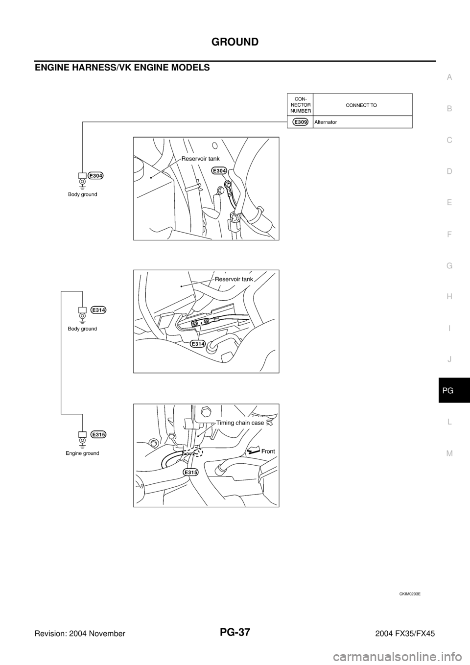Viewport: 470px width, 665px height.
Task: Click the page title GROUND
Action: (235, 42)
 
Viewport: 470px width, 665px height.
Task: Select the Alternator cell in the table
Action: (325, 122)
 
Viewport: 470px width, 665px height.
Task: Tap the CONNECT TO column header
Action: (361, 105)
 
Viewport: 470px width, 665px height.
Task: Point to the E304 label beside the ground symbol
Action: (96, 175)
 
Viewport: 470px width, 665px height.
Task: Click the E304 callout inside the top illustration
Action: (219, 170)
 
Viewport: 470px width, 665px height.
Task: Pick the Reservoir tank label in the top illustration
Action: (200, 159)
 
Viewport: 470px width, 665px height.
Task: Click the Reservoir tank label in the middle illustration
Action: (234, 279)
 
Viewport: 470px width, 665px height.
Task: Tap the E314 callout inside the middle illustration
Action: (198, 343)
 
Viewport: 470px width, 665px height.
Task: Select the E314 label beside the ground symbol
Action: (99, 309)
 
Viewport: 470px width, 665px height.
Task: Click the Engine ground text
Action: (82, 453)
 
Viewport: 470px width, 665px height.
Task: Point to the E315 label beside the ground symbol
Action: (99, 434)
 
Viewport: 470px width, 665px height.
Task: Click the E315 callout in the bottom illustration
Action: (191, 472)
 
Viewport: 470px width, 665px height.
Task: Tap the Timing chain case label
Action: (240, 423)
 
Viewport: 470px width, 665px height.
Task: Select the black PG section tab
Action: (454, 390)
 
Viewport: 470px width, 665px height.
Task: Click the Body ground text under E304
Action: (82, 194)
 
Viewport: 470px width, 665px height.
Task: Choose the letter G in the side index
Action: (449, 266)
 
